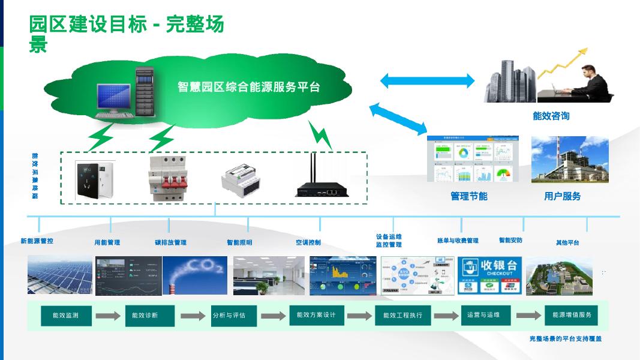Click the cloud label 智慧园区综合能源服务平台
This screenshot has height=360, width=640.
pos(248,87)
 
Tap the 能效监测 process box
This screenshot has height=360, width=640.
pos(67,316)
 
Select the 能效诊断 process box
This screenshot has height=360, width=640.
pos(149,316)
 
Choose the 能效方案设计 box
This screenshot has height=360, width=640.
pos(316,315)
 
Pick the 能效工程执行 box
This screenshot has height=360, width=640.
pos(402,316)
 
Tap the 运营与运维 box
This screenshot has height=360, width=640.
pos(483,315)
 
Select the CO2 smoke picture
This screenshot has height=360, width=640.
pos(194,275)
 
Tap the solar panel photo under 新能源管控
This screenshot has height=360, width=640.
pos(60,275)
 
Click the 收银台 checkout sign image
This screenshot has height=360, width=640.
pos(489,275)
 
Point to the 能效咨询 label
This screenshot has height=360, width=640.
pos(551,116)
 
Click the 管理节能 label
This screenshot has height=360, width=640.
pos(468,196)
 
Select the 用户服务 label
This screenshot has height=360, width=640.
pos(562,196)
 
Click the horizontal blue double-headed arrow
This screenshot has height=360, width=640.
pos(427,80)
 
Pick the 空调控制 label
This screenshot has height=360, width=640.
pos(308,242)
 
